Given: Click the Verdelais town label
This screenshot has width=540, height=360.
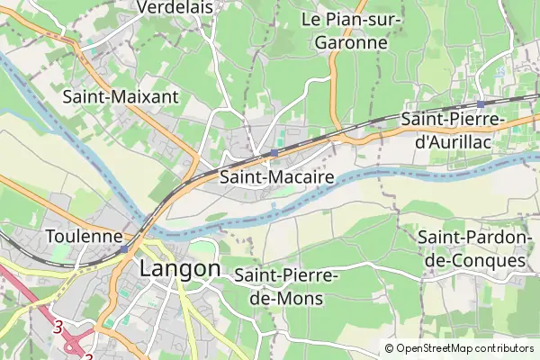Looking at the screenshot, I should click(175, 7).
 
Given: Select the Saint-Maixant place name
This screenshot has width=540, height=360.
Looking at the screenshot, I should click(121, 95).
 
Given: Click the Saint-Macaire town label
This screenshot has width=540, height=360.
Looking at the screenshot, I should click(277, 177).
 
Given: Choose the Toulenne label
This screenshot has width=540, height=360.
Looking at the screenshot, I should click(84, 238).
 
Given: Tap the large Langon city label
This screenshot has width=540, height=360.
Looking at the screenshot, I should click(180, 269).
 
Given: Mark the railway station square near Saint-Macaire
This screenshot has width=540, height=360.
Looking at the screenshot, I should click(274, 153).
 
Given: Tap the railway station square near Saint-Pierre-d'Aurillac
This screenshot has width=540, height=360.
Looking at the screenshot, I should click(481, 104).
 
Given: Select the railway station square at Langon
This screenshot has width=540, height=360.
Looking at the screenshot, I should click(124, 248).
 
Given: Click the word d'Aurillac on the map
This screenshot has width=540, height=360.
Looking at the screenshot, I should click(454, 141).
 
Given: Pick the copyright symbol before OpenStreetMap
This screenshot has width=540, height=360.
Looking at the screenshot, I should click(390, 348).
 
